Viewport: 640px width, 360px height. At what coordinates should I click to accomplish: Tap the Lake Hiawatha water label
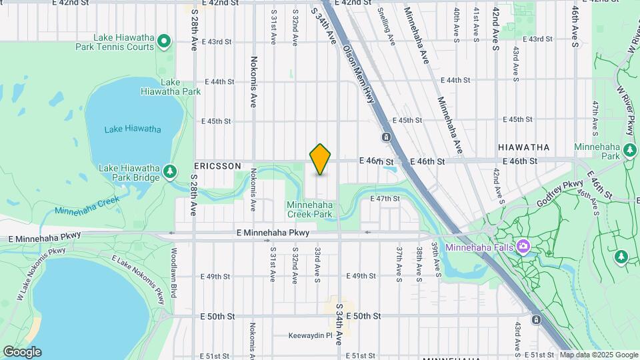tap(133, 129)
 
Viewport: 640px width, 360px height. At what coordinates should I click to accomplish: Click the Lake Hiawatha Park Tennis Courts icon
tap(165, 44)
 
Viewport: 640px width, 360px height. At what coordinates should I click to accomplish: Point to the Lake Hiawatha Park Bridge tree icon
tap(170, 172)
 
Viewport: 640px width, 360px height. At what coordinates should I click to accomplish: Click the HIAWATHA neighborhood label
tap(524, 147)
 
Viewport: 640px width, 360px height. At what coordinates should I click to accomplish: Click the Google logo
tap(22, 352)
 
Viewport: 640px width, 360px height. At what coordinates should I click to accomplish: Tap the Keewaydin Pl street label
tap(310, 335)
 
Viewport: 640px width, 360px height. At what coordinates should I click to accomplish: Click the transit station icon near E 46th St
tap(386, 137)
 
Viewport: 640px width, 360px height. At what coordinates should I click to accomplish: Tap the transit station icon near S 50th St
tap(537, 319)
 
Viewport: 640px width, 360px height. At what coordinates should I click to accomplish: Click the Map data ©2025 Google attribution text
tap(599, 355)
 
